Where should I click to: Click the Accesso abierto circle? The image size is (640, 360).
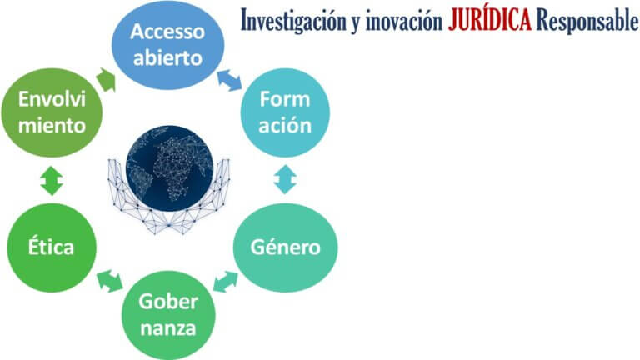167,45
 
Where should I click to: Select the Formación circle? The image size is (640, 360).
285,112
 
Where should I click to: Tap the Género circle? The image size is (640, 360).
285,247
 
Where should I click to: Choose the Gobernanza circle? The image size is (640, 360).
168,315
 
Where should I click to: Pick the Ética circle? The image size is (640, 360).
52,247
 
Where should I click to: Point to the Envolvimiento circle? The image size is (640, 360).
52,112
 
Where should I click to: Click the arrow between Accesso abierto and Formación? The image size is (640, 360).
229,80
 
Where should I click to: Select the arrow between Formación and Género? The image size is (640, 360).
285,179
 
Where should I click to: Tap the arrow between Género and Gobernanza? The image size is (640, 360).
226,282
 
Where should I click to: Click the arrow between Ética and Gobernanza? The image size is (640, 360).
110,281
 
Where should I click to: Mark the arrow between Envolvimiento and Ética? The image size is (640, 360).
52,180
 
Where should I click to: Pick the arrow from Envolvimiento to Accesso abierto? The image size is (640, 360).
107,80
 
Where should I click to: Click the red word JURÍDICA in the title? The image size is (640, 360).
490,20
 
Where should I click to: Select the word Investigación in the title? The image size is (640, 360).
293,21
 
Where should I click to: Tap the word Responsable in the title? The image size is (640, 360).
587,20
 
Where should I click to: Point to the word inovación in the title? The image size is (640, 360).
404,21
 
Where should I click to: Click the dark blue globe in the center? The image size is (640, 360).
169,168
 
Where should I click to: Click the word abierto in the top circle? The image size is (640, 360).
167,58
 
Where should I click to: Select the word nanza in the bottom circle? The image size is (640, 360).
168,328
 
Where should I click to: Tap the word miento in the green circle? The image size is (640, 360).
52,125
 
